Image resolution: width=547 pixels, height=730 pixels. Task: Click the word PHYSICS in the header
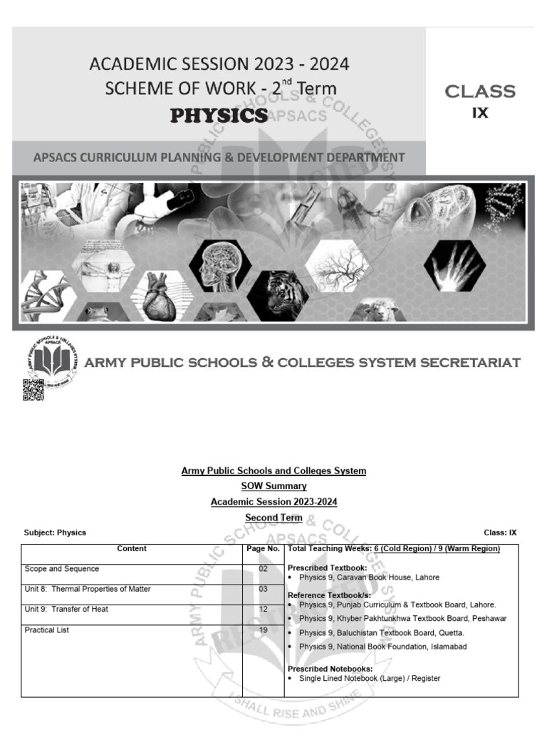pyautogui.click(x=219, y=115)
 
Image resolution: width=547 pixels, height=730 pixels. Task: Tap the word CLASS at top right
pyautogui.click(x=480, y=91)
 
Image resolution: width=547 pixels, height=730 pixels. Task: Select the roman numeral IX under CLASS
pyautogui.click(x=480, y=113)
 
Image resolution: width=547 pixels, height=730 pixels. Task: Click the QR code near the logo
pyautogui.click(x=33, y=390)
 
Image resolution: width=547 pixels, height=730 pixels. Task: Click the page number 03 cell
pyautogui.click(x=263, y=589)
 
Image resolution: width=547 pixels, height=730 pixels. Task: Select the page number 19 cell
pyautogui.click(x=263, y=630)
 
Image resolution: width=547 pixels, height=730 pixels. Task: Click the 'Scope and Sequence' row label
pyautogui.click(x=62, y=569)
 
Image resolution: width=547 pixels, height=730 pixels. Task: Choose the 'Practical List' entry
pyautogui.click(x=47, y=630)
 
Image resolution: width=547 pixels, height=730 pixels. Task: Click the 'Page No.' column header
pyautogui.click(x=263, y=549)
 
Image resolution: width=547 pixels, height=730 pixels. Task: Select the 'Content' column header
pyautogui.click(x=132, y=549)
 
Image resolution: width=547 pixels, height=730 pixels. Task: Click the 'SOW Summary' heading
pyautogui.click(x=273, y=486)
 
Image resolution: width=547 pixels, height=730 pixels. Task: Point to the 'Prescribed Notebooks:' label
pyautogui.click(x=330, y=669)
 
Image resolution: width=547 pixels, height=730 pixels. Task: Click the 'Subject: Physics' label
pyautogui.click(x=56, y=533)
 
